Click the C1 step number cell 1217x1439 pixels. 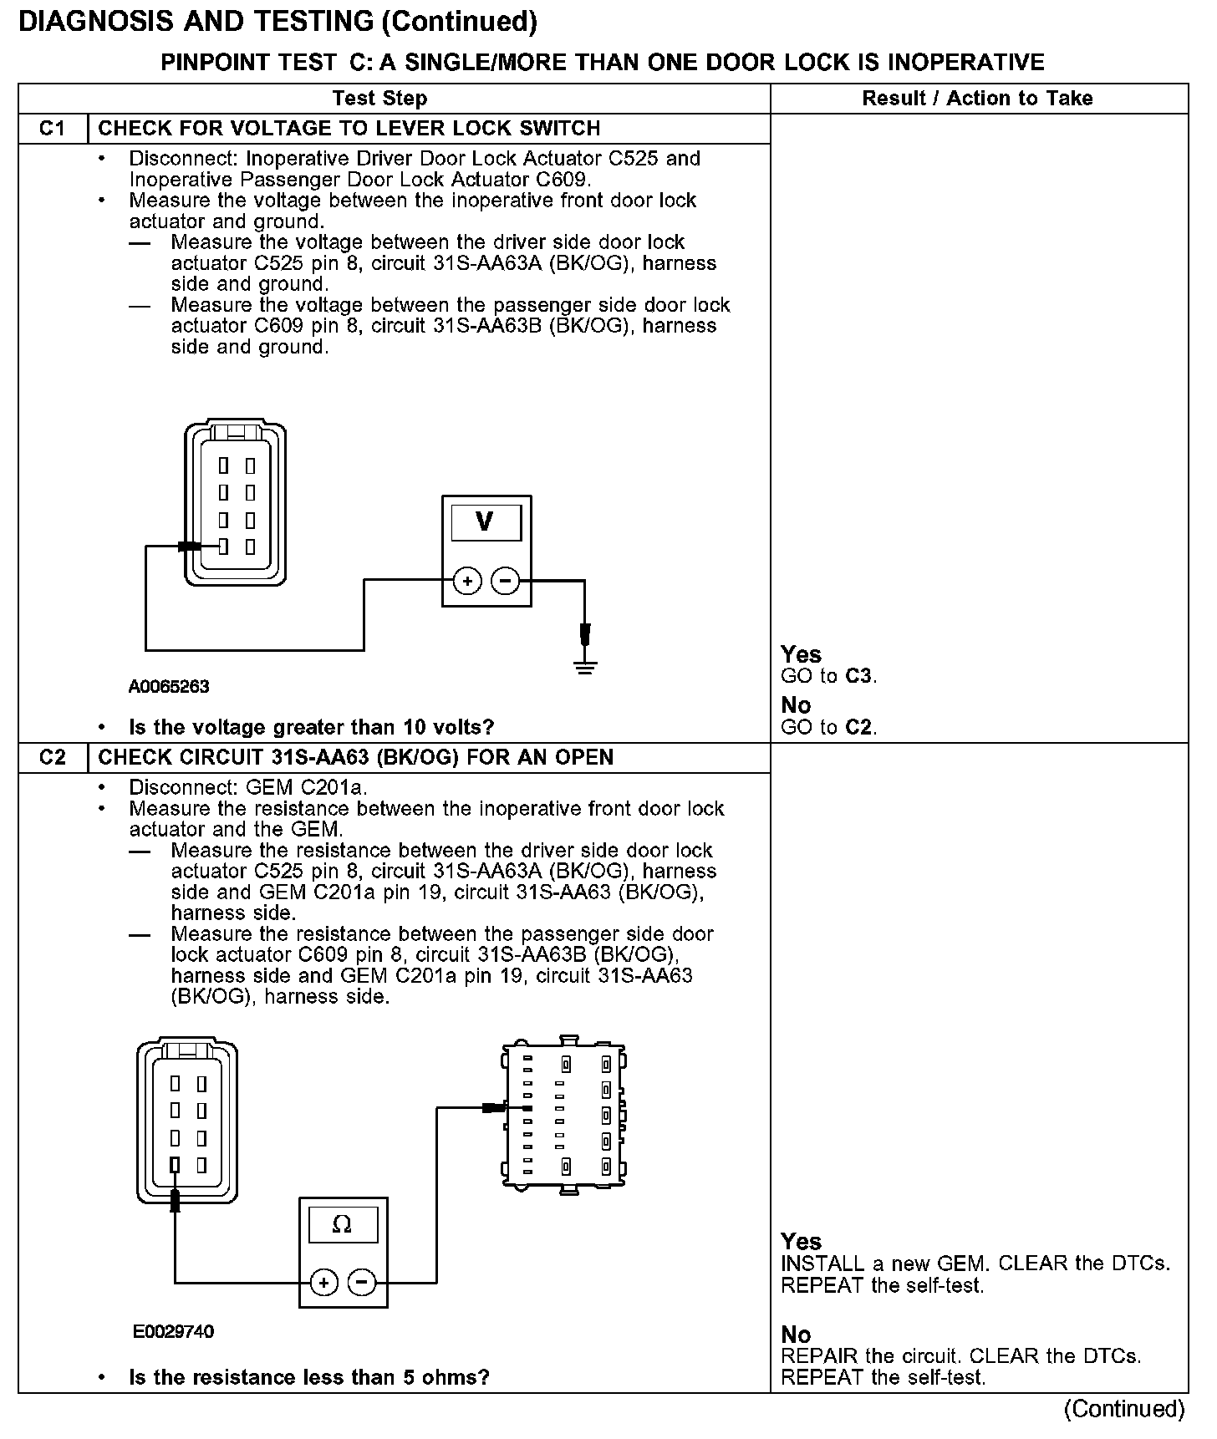pyautogui.click(x=52, y=129)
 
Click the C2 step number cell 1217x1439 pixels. pyautogui.click(x=52, y=757)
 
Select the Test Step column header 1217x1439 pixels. pyautogui.click(x=379, y=99)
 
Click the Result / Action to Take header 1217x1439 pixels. pyautogui.click(x=977, y=99)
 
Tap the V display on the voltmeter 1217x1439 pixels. pyautogui.click(x=486, y=522)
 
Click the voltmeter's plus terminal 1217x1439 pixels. pyautogui.click(x=467, y=581)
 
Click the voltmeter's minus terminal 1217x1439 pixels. pyautogui.click(x=505, y=581)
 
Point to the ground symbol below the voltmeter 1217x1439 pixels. pyautogui.click(x=585, y=667)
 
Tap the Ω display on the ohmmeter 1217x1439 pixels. pyautogui.click(x=343, y=1225)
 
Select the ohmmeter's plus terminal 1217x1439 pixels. pyautogui.click(x=323, y=1282)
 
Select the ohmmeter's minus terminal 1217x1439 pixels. pyautogui.click(x=362, y=1282)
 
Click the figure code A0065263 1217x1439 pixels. pyautogui.click(x=169, y=687)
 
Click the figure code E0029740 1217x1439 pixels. pyautogui.click(x=173, y=1331)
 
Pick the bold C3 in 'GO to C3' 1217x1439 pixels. pyautogui.click(x=859, y=676)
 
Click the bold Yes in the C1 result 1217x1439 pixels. pyautogui.click(x=801, y=654)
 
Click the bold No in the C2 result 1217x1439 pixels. pyautogui.click(x=796, y=1334)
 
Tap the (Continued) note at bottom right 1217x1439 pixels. pyautogui.click(x=1123, y=1409)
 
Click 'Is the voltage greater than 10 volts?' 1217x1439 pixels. pyautogui.click(x=311, y=727)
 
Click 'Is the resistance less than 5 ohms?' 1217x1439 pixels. pyautogui.click(x=308, y=1377)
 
